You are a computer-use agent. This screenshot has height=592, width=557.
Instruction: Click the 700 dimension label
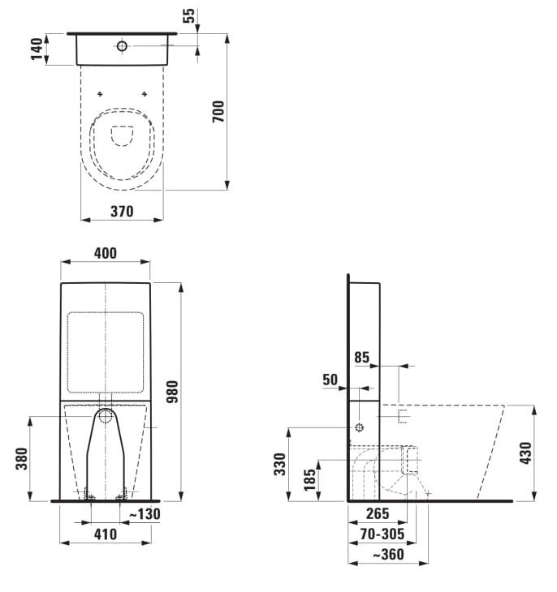pyautogui.click(x=218, y=111)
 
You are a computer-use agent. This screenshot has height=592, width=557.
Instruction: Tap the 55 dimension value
pyautogui.click(x=189, y=15)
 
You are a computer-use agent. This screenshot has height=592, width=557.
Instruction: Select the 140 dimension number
pyautogui.click(x=37, y=49)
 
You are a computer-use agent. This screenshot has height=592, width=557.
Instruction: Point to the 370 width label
pyautogui.click(x=122, y=212)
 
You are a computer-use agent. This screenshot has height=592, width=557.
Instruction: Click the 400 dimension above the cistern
pyautogui.click(x=106, y=253)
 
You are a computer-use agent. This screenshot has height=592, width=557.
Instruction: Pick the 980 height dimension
pyautogui.click(x=172, y=392)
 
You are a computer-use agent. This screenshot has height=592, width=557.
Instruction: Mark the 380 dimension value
pyautogui.click(x=22, y=459)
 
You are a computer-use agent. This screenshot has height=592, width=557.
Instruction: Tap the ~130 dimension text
pyautogui.click(x=145, y=514)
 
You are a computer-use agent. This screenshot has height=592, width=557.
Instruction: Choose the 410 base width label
pyautogui.click(x=106, y=534)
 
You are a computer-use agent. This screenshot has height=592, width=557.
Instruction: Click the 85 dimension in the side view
pyautogui.click(x=362, y=358)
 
